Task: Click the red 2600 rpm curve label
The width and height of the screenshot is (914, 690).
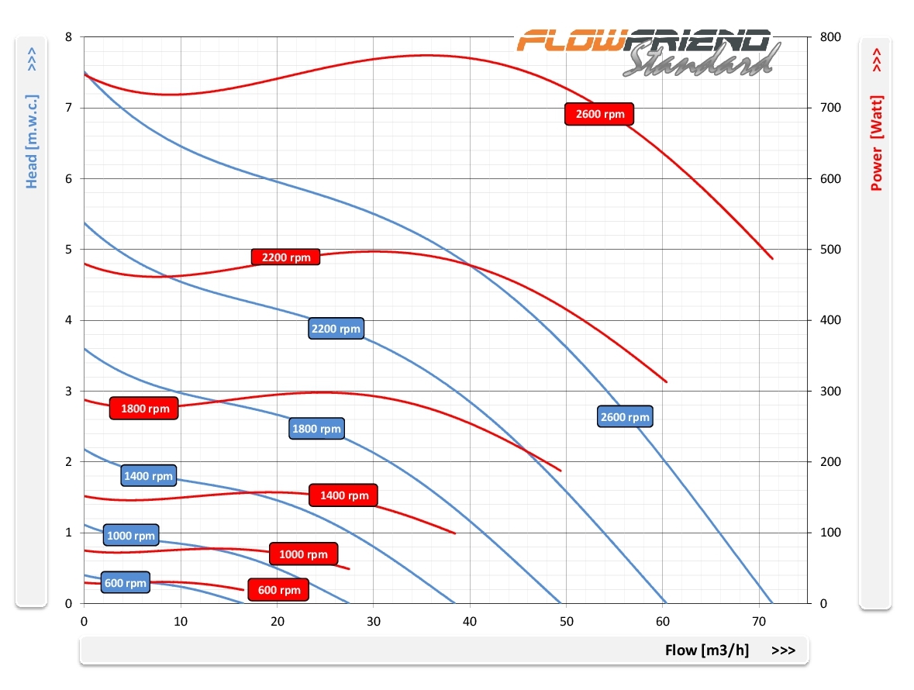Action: point(599,114)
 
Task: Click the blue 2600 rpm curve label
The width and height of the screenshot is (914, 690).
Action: point(625,417)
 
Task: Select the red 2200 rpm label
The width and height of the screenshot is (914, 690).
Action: point(285,257)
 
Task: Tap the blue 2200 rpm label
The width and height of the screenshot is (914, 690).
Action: point(336,329)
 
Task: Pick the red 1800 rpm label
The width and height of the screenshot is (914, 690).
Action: point(144,409)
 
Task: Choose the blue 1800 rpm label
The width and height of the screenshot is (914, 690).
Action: point(316,429)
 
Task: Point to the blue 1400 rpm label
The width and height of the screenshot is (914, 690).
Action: point(148,476)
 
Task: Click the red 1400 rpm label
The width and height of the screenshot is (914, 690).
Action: point(343,495)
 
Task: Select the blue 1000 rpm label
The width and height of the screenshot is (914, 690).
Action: point(131,535)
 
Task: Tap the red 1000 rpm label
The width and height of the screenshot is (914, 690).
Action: point(303,554)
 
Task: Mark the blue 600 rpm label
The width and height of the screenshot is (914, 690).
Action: point(125,583)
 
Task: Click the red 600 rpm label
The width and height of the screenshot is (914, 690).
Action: point(278,590)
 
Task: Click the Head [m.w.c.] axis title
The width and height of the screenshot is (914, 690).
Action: point(32,142)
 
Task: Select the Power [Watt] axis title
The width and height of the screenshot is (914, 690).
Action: point(877,143)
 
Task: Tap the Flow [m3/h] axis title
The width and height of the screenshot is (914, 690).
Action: point(706,650)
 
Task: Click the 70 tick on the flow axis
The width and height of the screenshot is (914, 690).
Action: point(760,621)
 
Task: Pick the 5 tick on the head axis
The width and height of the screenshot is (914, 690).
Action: point(70,250)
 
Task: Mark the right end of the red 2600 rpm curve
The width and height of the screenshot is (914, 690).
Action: point(772,258)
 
